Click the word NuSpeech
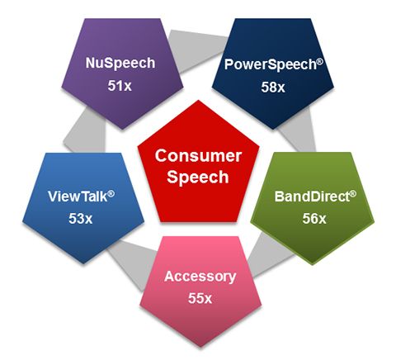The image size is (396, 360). point(120,64)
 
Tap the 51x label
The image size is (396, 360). point(120,86)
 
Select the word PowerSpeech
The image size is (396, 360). point(271,64)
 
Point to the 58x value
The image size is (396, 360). point(273,87)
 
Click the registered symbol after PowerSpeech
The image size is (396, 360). point(319,61)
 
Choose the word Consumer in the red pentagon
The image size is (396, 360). point(198,155)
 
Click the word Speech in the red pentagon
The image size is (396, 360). point(198,177)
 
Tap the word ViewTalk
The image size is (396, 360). point(78,197)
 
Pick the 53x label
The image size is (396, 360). point(80,219)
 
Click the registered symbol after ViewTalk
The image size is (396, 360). point(111,193)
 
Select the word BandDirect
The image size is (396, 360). point(312,197)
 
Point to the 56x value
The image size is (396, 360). point(314,219)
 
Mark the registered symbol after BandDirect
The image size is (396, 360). point(353,194)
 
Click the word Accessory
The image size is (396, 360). point(200,277)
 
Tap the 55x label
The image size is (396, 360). point(200,298)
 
